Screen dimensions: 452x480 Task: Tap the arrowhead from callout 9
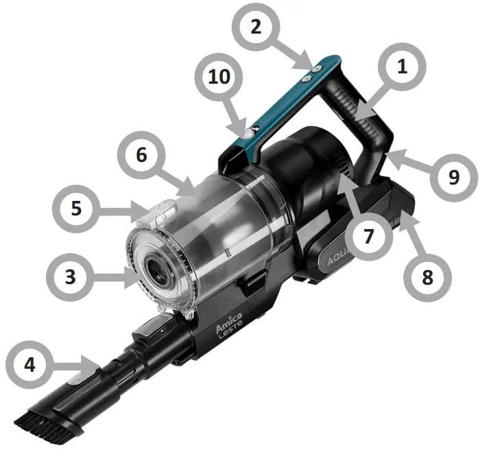click(x=389, y=157)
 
